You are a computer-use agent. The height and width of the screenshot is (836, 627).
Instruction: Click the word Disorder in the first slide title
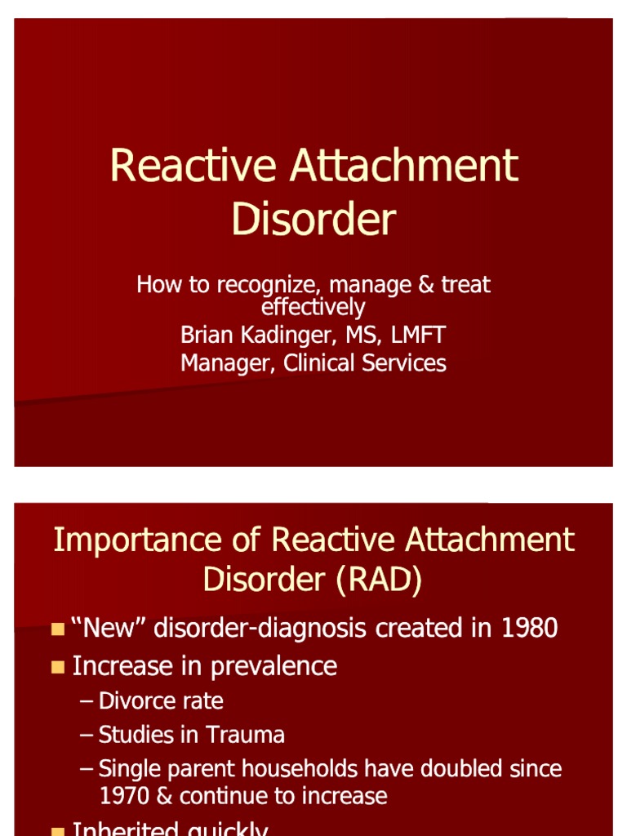(313, 219)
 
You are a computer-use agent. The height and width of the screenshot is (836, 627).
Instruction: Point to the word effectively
(313, 307)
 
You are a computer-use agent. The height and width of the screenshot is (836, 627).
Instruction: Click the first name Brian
(207, 335)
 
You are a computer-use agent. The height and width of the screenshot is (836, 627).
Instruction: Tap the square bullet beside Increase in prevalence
(57, 667)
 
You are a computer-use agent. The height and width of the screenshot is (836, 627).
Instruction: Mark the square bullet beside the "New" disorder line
(57, 629)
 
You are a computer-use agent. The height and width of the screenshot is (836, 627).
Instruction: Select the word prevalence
(273, 666)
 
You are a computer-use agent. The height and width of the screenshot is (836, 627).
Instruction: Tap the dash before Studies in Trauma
(87, 735)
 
